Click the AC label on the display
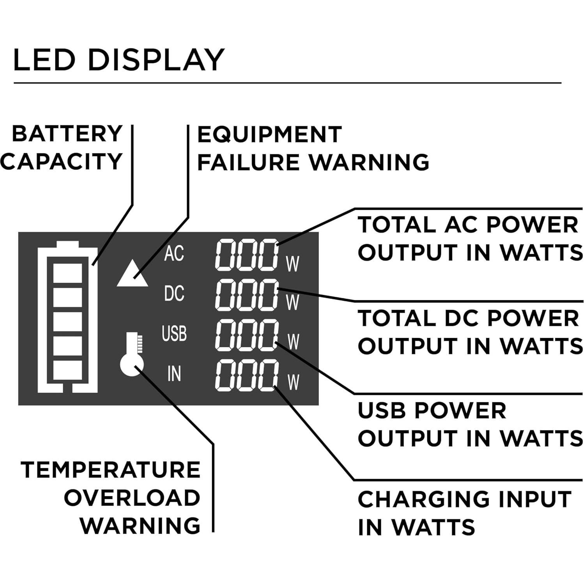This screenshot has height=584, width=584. [174, 254]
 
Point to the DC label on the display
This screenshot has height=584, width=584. [174, 294]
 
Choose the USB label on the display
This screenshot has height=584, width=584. [174, 334]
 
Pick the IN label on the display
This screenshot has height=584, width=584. [174, 374]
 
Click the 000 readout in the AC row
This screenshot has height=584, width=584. [247, 255]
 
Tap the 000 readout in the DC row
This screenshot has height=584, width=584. [247, 295]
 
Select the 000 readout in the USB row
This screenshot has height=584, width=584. [247, 334]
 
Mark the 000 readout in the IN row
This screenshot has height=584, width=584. [247, 375]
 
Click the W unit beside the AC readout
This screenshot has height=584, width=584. [292, 264]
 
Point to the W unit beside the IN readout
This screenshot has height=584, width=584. [293, 382]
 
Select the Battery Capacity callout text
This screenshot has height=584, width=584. [62, 148]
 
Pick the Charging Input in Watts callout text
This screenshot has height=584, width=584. [464, 513]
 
